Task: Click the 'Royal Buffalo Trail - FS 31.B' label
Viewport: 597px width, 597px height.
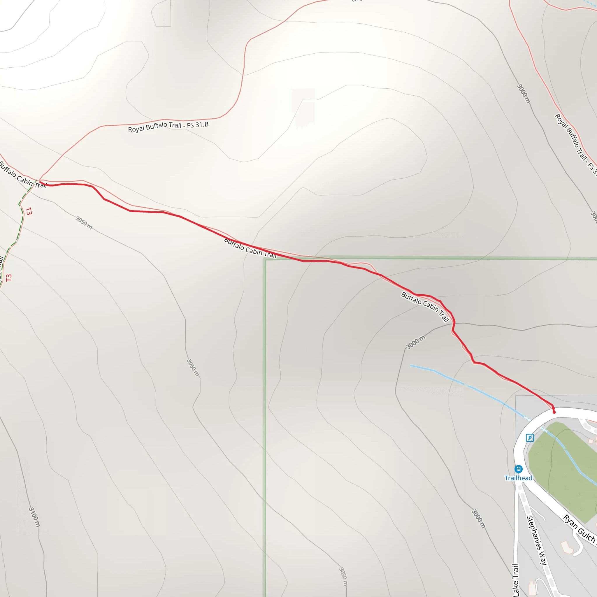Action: pyautogui.click(x=168, y=127)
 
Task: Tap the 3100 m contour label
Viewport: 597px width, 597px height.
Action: pyautogui.click(x=34, y=517)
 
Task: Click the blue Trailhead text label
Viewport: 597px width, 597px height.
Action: pyautogui.click(x=518, y=478)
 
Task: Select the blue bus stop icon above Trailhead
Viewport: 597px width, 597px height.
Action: pyautogui.click(x=519, y=469)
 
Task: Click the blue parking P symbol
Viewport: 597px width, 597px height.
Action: pyautogui.click(x=530, y=438)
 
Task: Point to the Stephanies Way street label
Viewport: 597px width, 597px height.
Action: pyautogui.click(x=537, y=540)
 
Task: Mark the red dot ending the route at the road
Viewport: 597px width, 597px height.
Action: pyautogui.click(x=554, y=412)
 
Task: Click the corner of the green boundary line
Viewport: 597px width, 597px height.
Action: pyautogui.click(x=265, y=259)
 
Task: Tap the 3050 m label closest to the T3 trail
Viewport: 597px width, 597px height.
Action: pyautogui.click(x=84, y=223)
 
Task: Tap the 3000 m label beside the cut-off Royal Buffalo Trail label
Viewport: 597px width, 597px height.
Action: pyautogui.click(x=524, y=94)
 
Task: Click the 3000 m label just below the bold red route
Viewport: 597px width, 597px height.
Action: pyautogui.click(x=416, y=342)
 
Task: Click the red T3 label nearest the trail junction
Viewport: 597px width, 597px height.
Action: pyautogui.click(x=29, y=211)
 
